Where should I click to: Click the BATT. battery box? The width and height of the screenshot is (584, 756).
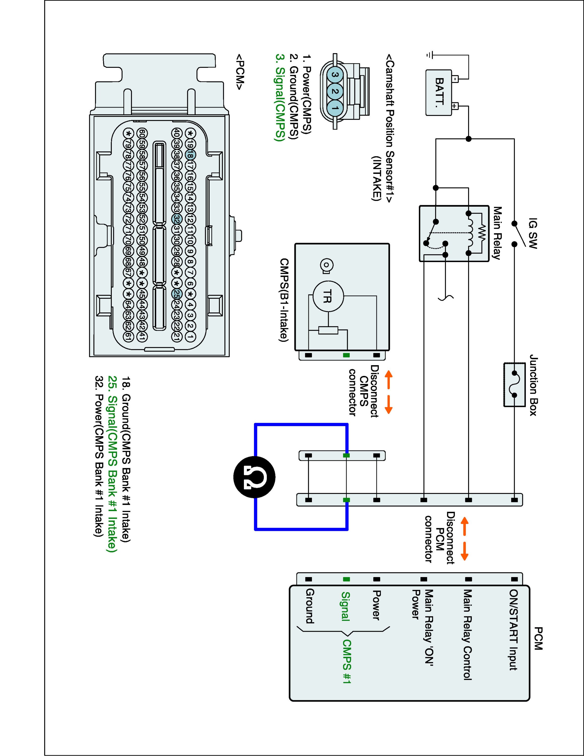tap(439, 92)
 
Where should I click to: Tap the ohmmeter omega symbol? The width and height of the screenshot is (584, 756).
tap(255, 477)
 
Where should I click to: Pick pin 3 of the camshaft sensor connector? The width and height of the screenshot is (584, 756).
tap(334, 74)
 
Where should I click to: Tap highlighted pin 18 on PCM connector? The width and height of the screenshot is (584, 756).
tap(190, 155)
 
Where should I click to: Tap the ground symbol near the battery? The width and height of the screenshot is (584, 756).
tap(429, 55)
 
